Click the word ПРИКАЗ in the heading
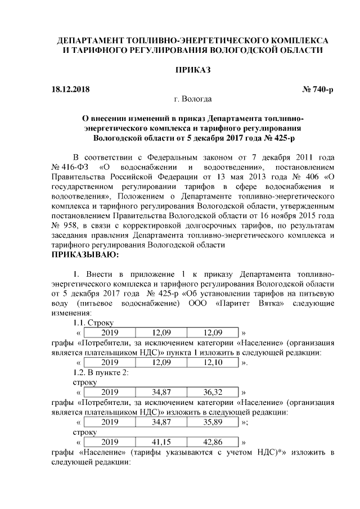[x=193, y=70]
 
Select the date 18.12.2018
[x=70, y=89]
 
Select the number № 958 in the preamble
[x=64, y=225]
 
